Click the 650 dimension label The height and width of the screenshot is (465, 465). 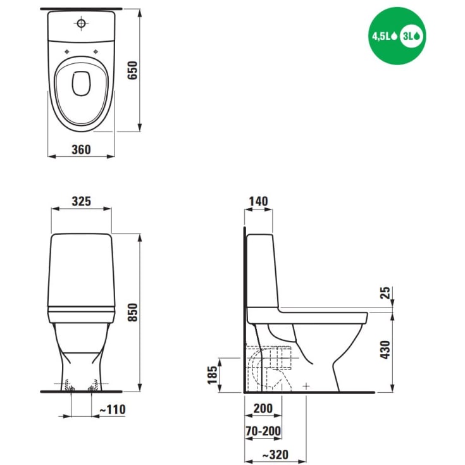click(x=132, y=71)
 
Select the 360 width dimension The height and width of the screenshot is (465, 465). click(x=81, y=150)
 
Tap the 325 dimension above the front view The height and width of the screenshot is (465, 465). click(x=81, y=201)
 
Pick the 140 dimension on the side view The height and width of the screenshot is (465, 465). click(x=258, y=201)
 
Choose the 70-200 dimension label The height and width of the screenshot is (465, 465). click(x=263, y=431)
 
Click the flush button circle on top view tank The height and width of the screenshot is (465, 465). click(x=81, y=23)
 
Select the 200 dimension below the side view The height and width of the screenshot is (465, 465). click(x=263, y=409)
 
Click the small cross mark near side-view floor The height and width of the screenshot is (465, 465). click(x=306, y=385)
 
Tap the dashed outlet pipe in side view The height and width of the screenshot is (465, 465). click(x=269, y=364)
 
